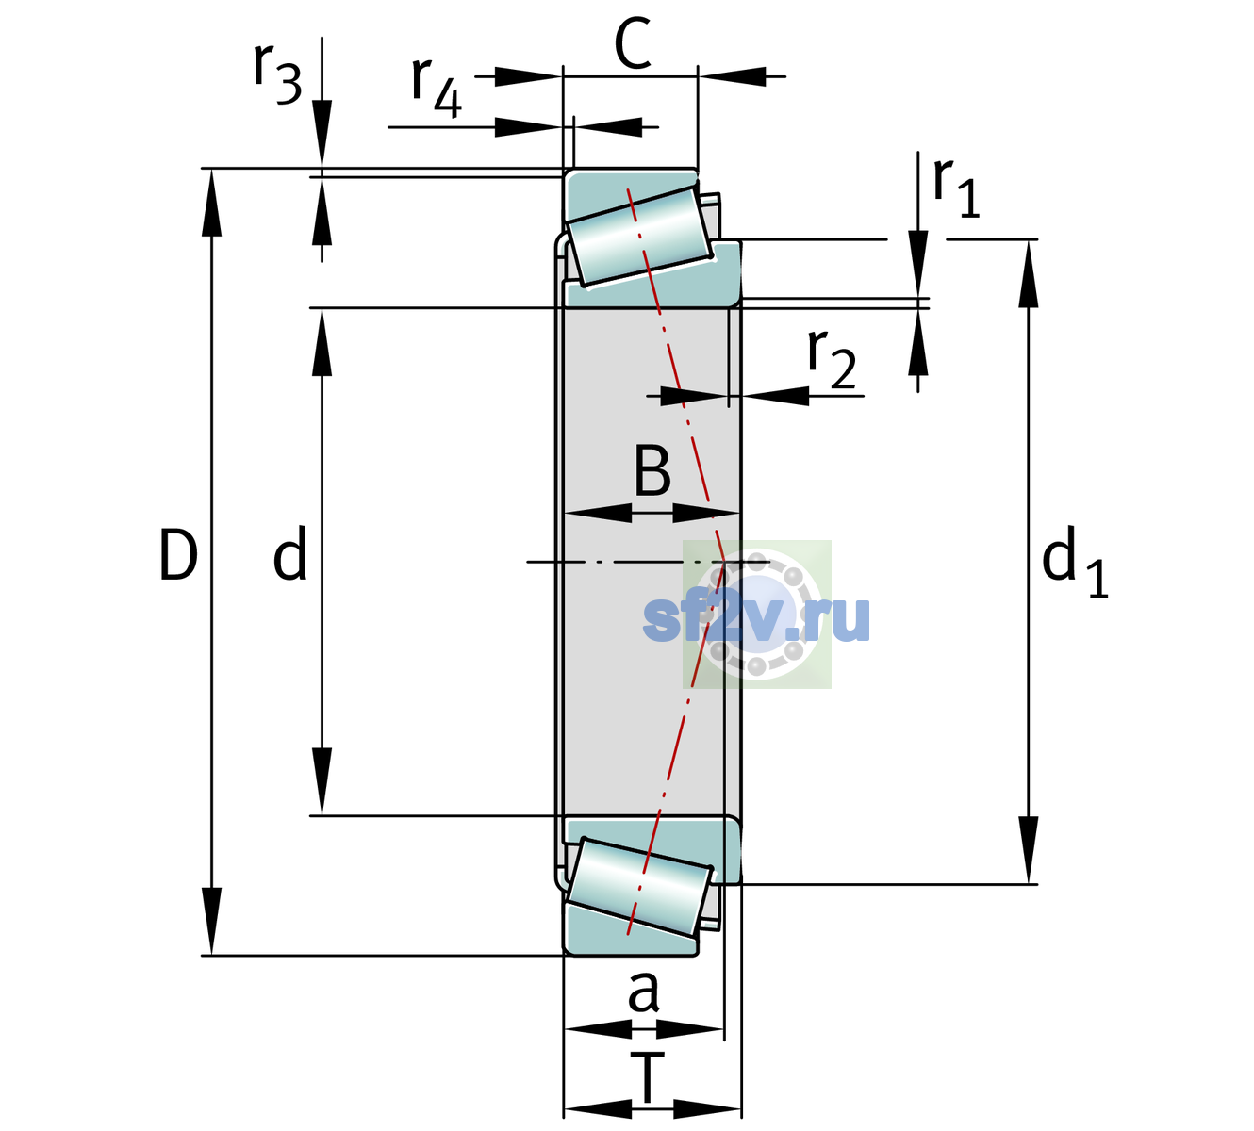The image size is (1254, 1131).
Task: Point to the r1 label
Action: click(956, 188)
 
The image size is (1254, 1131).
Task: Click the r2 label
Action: click(832, 359)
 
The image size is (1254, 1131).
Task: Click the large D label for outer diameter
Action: click(178, 554)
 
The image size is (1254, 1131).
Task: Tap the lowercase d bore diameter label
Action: click(290, 553)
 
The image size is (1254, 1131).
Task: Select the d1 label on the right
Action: click(1075, 561)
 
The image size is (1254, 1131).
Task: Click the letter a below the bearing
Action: click(643, 992)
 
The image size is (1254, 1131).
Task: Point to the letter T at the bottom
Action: click(647, 1078)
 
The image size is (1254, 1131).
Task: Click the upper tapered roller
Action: click(639, 237)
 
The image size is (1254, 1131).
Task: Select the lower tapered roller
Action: click(639, 887)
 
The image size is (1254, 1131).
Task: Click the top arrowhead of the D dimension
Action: click(211, 203)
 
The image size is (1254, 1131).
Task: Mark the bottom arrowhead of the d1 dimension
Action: click(1029, 850)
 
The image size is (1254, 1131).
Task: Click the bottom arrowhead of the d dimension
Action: click(322, 781)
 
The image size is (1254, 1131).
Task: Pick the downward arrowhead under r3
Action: click(322, 134)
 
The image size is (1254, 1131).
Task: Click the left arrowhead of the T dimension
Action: click(598, 1109)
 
